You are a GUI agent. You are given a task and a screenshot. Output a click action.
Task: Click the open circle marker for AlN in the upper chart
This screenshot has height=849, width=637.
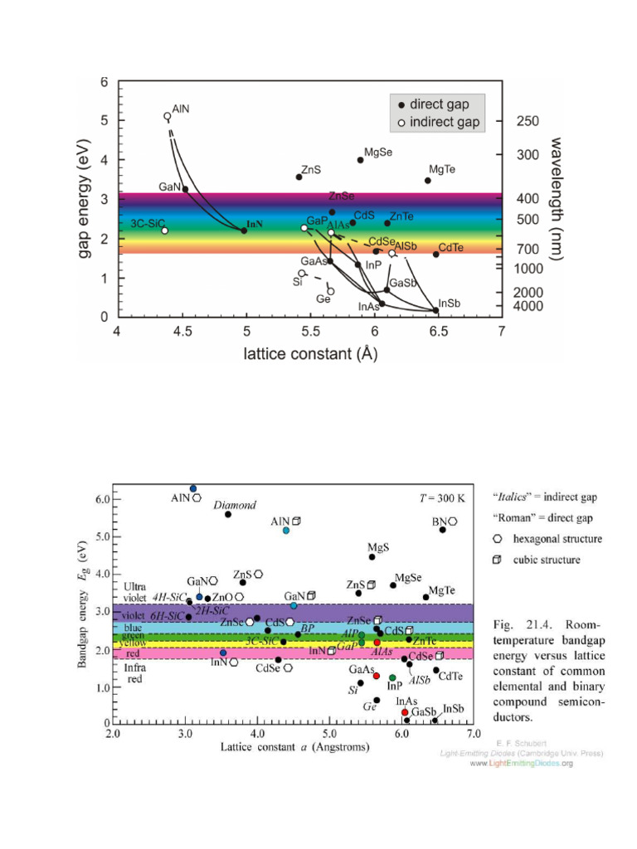168,117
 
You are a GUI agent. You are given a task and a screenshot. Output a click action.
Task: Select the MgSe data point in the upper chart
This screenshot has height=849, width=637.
360,160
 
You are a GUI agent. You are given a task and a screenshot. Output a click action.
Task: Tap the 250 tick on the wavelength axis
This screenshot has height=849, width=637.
528,121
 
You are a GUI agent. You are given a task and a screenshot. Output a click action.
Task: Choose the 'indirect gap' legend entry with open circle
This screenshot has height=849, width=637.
436,122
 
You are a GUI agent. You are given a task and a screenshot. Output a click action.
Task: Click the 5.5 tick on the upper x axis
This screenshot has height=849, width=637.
310,332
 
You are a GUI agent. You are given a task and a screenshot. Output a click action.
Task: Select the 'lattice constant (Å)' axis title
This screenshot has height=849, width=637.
310,355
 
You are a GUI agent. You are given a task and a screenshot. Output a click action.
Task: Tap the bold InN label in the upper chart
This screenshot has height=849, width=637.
255,225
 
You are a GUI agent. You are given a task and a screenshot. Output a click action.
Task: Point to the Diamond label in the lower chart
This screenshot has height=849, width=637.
235,504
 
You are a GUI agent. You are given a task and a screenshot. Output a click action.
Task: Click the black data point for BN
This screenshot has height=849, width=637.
443,529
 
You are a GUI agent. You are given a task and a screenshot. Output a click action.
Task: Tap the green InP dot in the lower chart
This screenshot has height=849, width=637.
392,678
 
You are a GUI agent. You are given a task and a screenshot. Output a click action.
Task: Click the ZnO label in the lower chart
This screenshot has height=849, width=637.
222,596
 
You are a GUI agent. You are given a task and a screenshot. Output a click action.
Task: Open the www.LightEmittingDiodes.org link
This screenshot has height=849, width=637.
522,763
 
